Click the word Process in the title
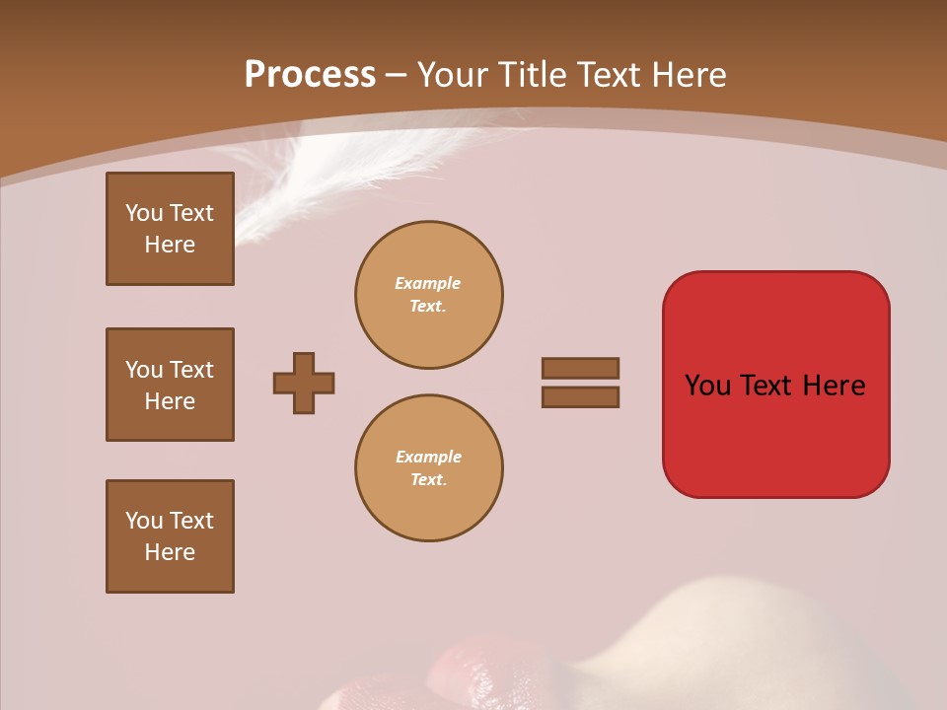click(x=310, y=74)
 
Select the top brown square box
click(x=170, y=229)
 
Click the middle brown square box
click(x=170, y=385)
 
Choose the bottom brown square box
click(x=170, y=536)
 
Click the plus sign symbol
click(x=304, y=383)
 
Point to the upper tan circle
click(x=429, y=295)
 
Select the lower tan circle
click(x=429, y=468)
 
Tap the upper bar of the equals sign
click(x=580, y=368)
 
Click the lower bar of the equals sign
click(x=580, y=396)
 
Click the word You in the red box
click(x=707, y=385)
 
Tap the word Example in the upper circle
click(x=428, y=283)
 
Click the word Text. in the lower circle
click(x=428, y=479)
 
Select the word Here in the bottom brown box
click(x=170, y=552)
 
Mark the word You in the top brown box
click(x=144, y=213)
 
